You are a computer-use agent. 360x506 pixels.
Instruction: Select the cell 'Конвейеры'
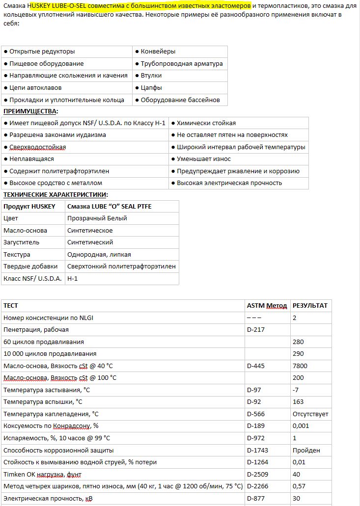coord(158,52)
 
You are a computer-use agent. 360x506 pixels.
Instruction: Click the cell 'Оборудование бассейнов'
coord(180,100)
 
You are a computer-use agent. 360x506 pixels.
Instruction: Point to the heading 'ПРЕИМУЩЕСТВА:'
coord(30,111)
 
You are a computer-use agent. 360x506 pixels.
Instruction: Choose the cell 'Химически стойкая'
coord(206,123)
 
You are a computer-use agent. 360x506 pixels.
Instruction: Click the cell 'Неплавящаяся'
coord(31,159)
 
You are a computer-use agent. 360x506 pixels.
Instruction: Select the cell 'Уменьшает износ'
coord(203,159)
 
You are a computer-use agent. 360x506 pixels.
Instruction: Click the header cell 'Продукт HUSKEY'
coord(29,207)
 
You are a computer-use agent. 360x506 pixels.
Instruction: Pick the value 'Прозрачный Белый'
coord(97,218)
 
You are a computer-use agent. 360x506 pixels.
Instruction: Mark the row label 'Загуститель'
coord(22,242)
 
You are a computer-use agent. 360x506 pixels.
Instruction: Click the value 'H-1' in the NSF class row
coord(73,279)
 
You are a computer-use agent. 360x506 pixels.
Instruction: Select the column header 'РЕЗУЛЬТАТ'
coord(310,306)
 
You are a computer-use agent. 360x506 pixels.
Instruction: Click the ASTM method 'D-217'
coord(256,330)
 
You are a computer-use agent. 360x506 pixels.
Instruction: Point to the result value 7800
coord(300,366)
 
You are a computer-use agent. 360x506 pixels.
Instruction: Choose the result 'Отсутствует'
coord(310,414)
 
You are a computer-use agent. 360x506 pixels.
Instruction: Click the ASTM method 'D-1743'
coord(258,451)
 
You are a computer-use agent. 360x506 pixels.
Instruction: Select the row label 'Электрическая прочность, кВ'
coord(48,499)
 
